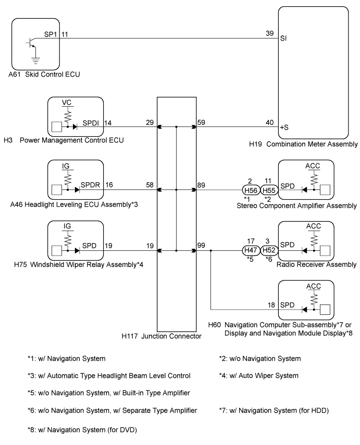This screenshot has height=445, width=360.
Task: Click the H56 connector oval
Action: click(251, 190)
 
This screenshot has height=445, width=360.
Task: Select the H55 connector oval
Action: click(269, 190)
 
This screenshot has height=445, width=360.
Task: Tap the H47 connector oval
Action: click(251, 250)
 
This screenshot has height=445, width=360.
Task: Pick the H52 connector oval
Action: click(269, 250)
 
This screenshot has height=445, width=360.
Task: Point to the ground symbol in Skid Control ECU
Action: click(35, 61)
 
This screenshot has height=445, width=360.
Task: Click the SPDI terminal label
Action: click(91, 123)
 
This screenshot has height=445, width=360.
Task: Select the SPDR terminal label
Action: click(90, 185)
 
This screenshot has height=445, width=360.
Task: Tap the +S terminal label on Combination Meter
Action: click(284, 128)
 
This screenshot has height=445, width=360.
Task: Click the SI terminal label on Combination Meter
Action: click(283, 39)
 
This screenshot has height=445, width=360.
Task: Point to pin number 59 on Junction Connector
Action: click(201, 123)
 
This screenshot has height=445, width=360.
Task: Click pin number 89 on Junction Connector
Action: click(201, 185)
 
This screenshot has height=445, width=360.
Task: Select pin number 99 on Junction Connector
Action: click(201, 245)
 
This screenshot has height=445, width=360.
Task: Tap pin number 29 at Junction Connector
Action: click(150, 123)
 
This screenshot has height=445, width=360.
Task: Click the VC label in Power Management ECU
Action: click(67, 103)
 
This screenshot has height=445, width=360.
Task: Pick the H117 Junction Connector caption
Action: click(162, 336)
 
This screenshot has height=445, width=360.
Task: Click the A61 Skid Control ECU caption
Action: click(44, 74)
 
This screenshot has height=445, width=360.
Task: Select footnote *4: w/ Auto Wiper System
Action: click(258, 376)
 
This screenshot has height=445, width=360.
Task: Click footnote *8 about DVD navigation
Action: click(82, 430)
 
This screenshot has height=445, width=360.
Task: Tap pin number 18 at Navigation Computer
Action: click(271, 305)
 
